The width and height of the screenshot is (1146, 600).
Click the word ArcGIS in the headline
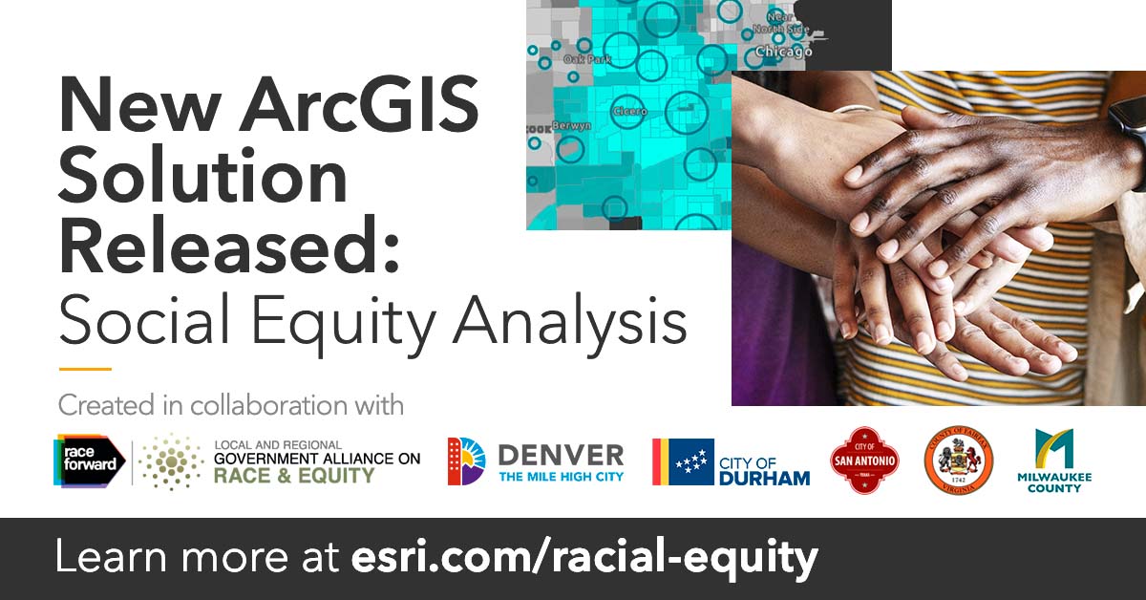pos(357,108)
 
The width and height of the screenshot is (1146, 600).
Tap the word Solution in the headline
pos(203,179)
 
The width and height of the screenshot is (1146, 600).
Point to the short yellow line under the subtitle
pos(85,370)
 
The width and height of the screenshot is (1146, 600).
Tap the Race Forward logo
pos(90,461)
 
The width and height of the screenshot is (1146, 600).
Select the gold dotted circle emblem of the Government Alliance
pos(171,461)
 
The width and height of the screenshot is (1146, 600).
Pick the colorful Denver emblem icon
pos(466,461)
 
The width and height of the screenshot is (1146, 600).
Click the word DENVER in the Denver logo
pos(561,453)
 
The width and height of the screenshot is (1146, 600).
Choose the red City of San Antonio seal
pos(863,461)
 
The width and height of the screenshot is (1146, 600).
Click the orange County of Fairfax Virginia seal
pos(958,461)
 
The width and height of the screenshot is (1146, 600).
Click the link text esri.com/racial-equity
pos(582,557)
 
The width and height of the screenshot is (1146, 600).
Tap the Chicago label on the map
pos(783,52)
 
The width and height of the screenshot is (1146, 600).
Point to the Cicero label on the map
pos(629,112)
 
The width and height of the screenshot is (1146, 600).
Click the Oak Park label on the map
pos(586,59)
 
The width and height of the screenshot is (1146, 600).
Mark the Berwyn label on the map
pos(571,125)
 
